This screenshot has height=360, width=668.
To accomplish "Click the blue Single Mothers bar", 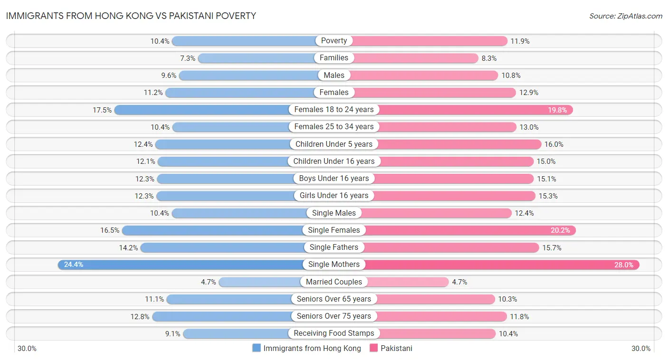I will coord(181,265).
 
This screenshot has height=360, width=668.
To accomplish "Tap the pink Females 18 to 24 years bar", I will coord(475,110).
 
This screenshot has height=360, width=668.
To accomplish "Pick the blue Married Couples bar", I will coord(259,282).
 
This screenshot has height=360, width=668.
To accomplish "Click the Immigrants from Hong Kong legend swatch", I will coord(257,348).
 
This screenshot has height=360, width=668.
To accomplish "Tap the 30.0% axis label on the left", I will coord(27,349).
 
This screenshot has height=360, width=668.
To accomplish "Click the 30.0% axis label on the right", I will coord(640,349).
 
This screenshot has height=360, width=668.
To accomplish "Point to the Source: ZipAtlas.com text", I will coord(625,16).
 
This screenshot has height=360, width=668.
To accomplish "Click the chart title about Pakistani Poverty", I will coord(131,16).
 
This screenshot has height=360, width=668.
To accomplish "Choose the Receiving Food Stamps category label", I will coord(334,333).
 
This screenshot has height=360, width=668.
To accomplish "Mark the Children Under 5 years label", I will coord(334,144).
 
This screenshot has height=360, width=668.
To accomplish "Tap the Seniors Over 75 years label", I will coord(334,316).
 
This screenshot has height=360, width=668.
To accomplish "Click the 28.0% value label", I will coord(623,265).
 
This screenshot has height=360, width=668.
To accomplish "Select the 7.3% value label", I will coord(188,58).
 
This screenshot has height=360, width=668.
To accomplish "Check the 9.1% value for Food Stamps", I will coord(173,334).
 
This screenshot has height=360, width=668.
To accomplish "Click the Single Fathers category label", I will coord(334,247).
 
